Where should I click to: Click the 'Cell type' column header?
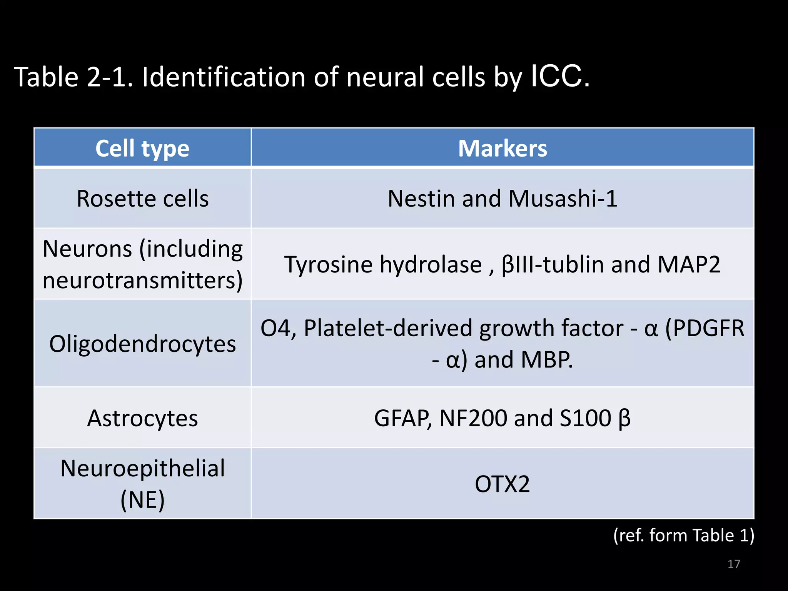point(142,149)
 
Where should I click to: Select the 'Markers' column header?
point(503,149)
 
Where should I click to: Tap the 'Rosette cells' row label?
point(142,199)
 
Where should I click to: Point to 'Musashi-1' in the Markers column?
point(563,199)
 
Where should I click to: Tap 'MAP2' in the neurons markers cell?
point(689,265)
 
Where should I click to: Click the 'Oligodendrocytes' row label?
point(142,344)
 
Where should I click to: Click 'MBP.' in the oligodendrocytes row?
point(547,360)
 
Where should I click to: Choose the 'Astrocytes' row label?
point(142,418)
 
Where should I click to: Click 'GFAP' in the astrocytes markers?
point(402,418)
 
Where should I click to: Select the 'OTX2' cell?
point(503,484)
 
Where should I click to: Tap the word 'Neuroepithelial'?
point(142,469)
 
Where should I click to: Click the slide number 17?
point(734,564)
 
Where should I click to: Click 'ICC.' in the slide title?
point(560,77)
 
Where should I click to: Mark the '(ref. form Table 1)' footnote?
point(683,535)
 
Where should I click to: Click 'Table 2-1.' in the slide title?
point(73,77)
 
